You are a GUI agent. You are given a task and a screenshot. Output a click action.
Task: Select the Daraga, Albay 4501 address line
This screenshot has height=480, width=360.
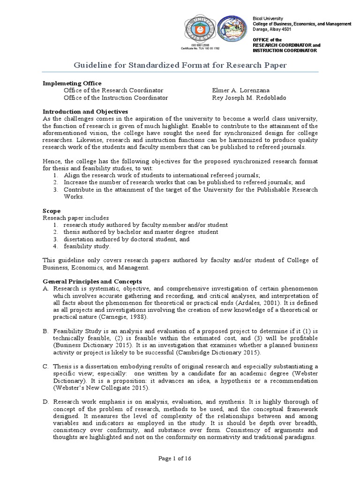tap(272, 29)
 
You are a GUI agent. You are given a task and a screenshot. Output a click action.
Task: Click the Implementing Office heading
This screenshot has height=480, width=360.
tap(72, 83)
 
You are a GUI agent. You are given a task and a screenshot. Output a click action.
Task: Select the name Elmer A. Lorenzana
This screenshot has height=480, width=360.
tap(242, 90)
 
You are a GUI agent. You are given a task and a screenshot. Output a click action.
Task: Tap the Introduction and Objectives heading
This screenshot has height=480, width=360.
tap(86, 112)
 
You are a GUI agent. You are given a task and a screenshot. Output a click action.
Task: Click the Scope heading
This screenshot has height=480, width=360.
tap(52, 211)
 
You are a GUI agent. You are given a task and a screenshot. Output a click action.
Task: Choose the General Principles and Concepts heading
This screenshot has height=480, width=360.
tap(92, 281)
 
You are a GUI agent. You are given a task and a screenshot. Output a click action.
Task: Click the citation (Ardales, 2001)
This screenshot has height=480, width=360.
tap(263, 303)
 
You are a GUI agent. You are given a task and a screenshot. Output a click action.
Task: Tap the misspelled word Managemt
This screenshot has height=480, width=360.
tap(135, 268)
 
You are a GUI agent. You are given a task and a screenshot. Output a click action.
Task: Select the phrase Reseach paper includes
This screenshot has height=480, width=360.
tap(76, 218)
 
